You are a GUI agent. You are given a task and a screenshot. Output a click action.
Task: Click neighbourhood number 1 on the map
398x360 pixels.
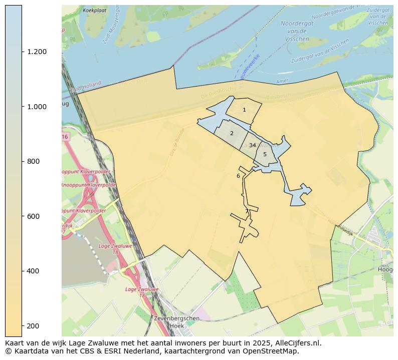pos(244,110)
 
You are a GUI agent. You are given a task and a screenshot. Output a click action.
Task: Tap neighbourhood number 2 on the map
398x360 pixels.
pos(232,133)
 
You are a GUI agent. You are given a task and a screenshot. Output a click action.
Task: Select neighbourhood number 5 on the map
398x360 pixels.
pos(265,154)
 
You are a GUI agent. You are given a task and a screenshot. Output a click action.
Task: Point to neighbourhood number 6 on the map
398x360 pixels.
pos(238,176)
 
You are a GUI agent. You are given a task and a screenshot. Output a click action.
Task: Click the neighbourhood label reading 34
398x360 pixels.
pos(253,145)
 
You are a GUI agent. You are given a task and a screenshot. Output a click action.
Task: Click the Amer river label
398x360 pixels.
pos(282,82)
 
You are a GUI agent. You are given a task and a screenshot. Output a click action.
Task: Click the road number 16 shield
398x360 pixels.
pos(65,137)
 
